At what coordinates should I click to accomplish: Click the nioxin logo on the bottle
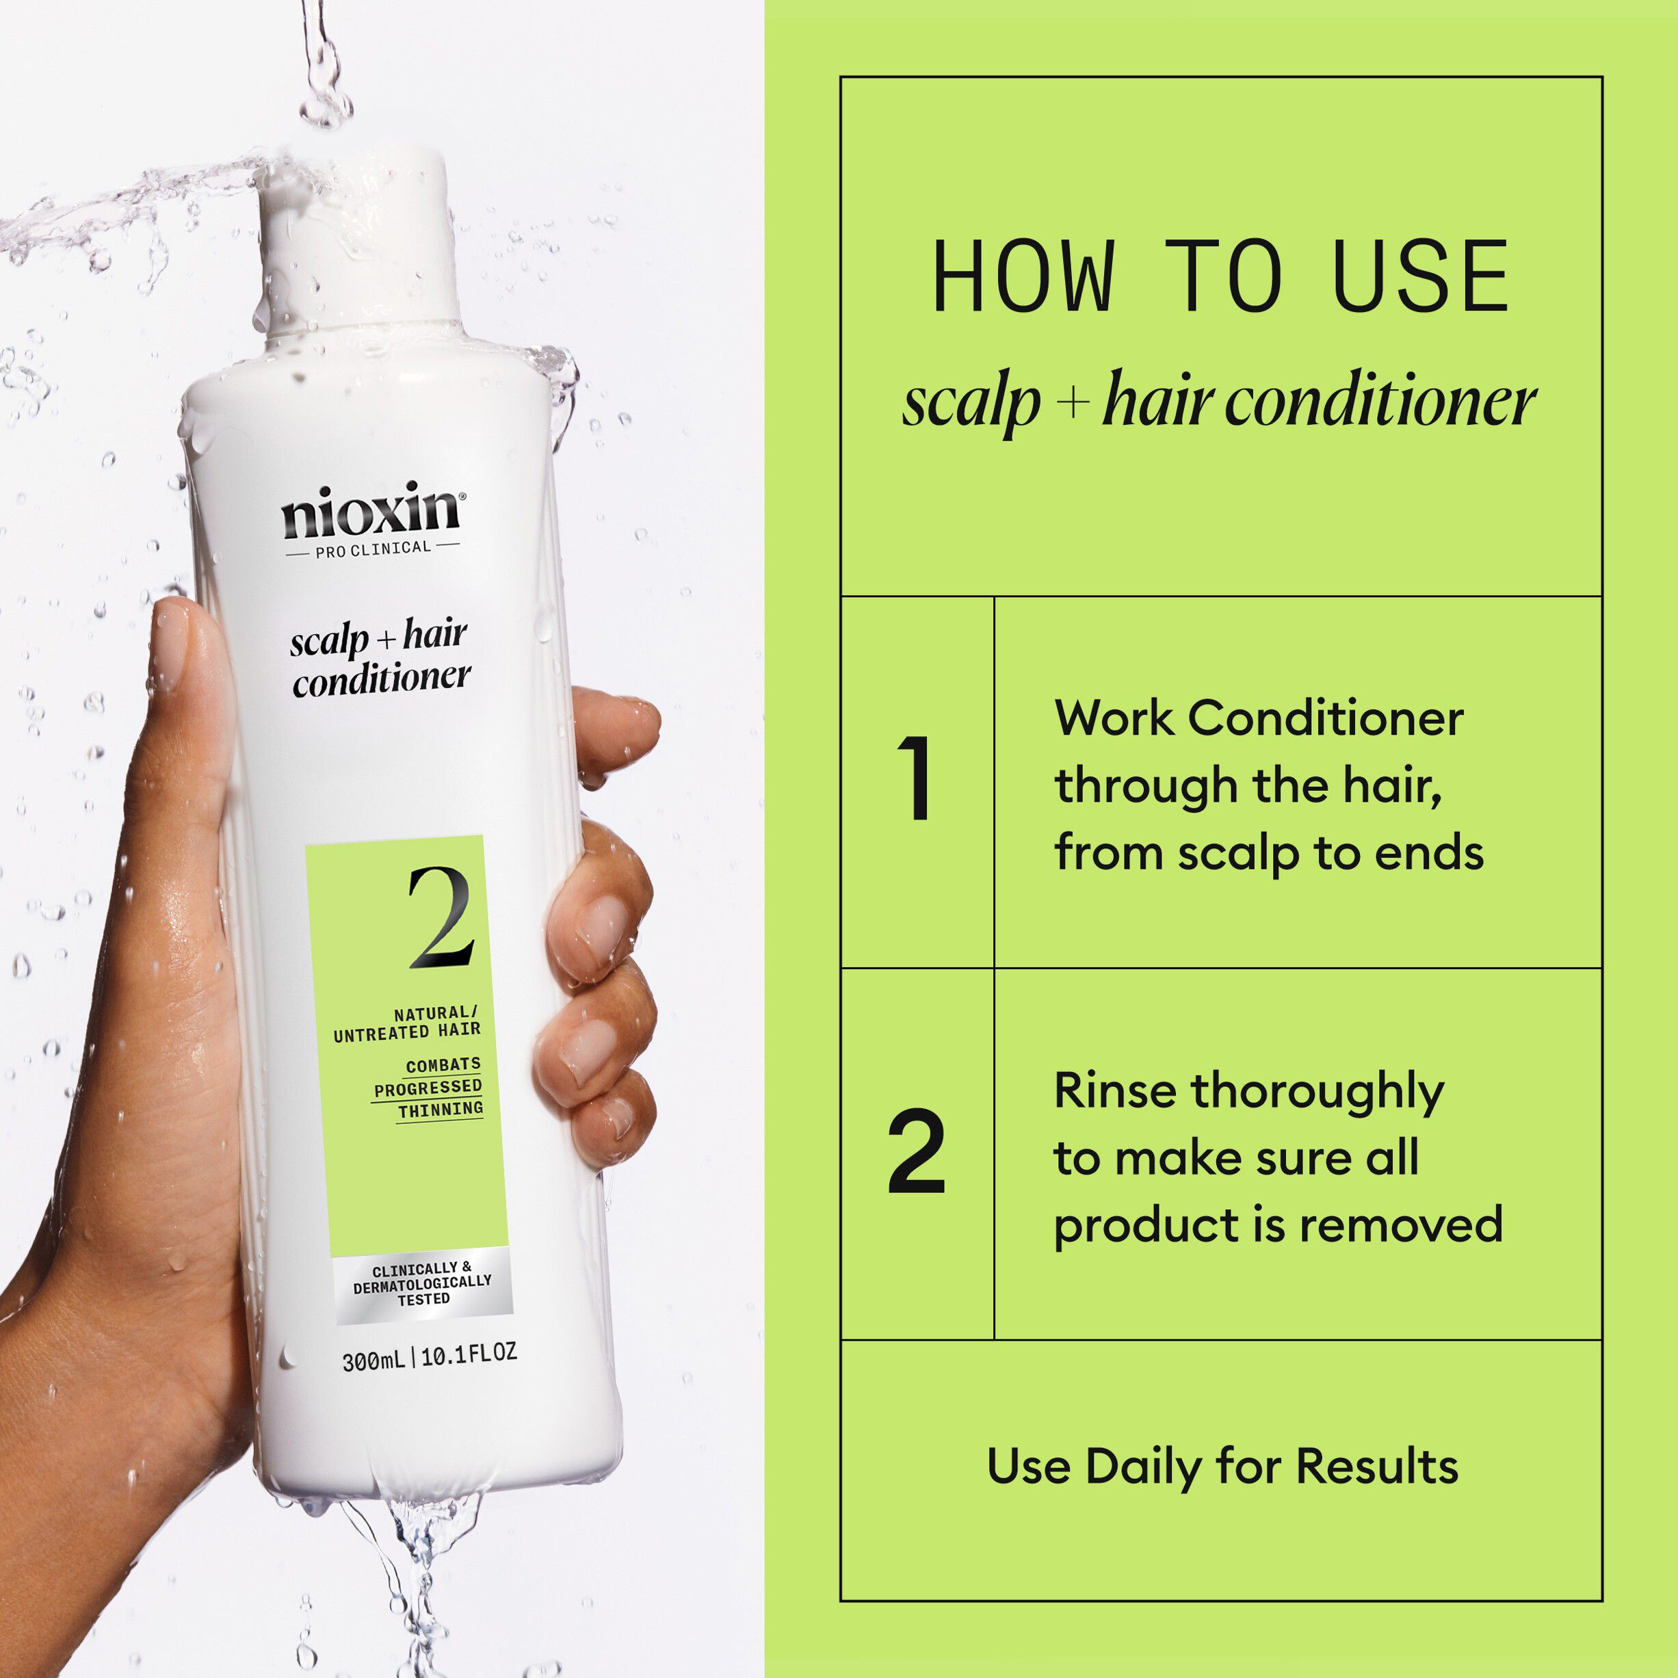371,512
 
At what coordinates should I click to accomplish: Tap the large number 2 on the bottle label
441,919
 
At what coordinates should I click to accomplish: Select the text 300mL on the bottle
373,1360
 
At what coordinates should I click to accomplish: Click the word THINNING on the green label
441,1109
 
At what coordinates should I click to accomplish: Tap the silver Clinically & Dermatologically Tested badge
423,1285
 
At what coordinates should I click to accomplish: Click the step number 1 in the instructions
915,778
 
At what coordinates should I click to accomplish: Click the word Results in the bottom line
1376,1467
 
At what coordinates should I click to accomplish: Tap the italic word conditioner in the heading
1381,404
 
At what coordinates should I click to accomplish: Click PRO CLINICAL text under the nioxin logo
373,549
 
